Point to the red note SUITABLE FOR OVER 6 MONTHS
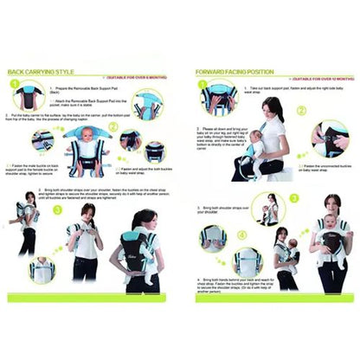coord(138,76)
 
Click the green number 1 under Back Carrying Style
coord(16,86)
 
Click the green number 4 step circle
coord(243,235)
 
